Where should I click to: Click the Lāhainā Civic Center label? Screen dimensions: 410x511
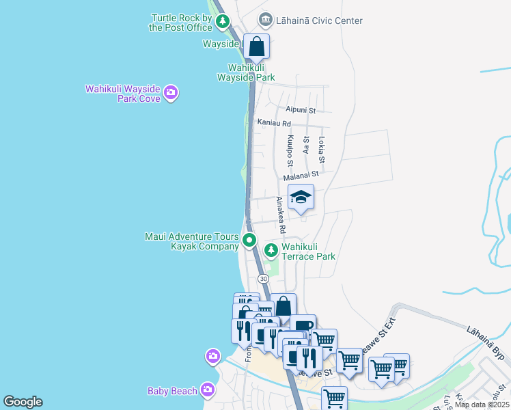[x=319, y=20]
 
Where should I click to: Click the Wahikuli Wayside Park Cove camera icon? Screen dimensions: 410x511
[x=171, y=92]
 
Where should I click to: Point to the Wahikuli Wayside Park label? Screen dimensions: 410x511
[x=246, y=73]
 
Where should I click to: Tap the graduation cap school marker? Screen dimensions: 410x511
[x=301, y=198]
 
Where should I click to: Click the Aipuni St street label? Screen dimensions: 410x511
[x=301, y=110]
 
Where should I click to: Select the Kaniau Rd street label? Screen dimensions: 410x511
[x=274, y=123]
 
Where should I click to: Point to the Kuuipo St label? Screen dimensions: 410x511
[x=290, y=151]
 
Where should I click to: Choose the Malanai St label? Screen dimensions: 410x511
[x=301, y=175]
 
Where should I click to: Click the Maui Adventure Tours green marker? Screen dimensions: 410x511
[x=249, y=240]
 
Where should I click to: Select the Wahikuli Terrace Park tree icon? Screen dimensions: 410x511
[x=271, y=251]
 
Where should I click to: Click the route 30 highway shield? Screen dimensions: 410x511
[x=263, y=279]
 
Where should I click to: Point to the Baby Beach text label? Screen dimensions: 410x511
[x=172, y=391]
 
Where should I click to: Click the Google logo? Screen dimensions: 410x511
[x=23, y=402]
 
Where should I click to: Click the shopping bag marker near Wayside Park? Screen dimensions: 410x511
[x=256, y=47]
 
